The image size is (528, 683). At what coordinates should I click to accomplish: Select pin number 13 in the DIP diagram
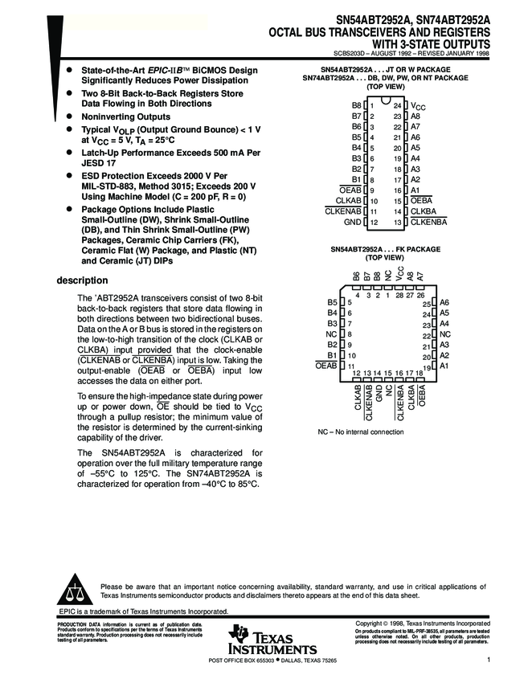tap(396, 221)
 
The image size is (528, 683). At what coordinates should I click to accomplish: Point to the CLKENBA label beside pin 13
tap(429, 221)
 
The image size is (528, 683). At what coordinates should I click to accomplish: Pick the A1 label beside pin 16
tap(415, 190)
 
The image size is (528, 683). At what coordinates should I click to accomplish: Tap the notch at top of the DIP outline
tap(385, 102)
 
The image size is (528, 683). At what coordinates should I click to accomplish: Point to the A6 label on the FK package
tap(444, 302)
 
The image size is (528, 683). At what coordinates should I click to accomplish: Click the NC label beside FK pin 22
tap(445, 333)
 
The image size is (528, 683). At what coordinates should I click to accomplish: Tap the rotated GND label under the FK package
tap(379, 394)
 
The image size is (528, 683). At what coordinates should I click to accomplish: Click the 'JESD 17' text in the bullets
tap(100, 162)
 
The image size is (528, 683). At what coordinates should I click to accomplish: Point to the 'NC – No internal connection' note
tap(360, 432)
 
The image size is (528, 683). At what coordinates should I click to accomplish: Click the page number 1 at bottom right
tap(488, 660)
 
